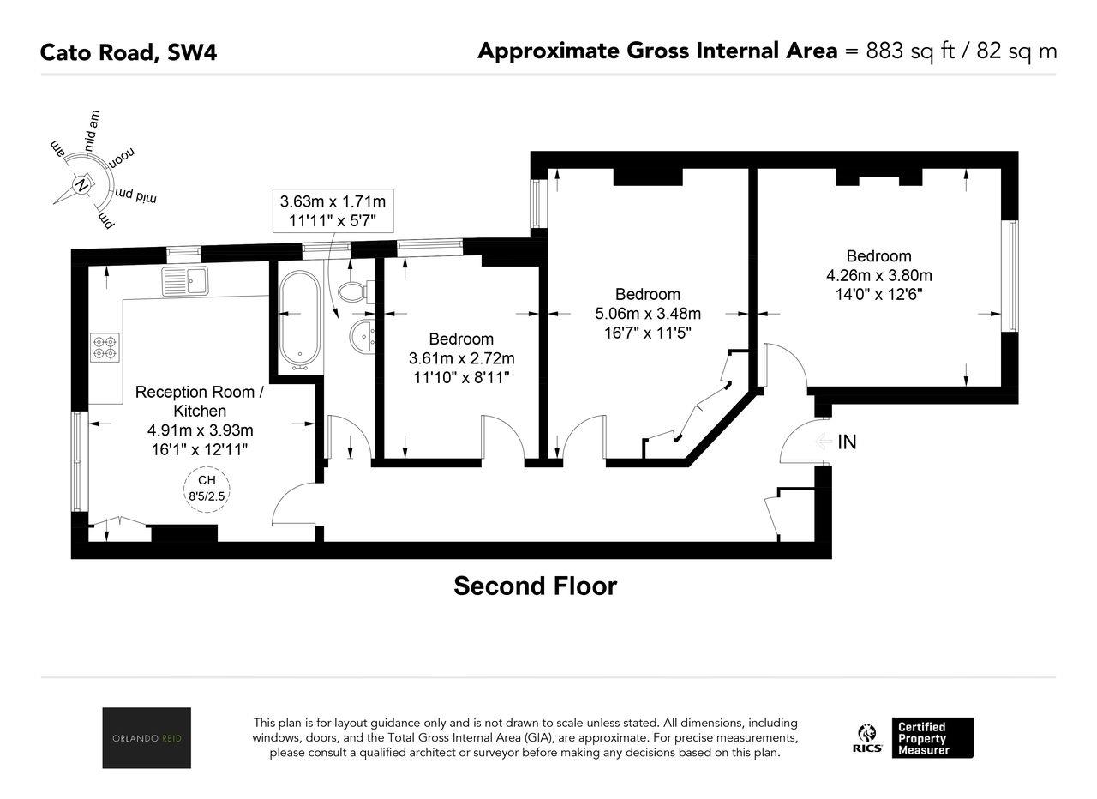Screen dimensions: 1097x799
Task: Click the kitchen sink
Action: pyautogui.click(x=184, y=281)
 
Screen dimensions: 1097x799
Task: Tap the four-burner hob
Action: pyautogui.click(x=105, y=347)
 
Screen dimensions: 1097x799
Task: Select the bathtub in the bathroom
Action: pyautogui.click(x=299, y=321)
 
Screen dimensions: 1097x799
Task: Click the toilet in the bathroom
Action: pyautogui.click(x=356, y=292)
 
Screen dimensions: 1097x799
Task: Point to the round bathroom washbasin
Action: pyautogui.click(x=363, y=336)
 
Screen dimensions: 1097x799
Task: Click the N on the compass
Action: pyautogui.click(x=81, y=186)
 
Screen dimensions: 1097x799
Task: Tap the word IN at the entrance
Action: pyautogui.click(x=847, y=442)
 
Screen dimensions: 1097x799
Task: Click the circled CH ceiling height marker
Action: pyautogui.click(x=207, y=489)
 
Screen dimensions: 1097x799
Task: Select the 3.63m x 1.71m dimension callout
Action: pyautogui.click(x=333, y=211)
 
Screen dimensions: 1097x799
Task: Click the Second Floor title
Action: pyautogui.click(x=536, y=586)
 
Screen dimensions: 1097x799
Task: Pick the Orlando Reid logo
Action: pyautogui.click(x=147, y=738)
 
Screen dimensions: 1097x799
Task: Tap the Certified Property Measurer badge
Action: pyautogui.click(x=932, y=738)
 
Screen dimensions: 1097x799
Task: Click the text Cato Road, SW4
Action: pyautogui.click(x=129, y=52)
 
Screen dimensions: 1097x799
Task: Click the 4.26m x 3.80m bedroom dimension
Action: pyautogui.click(x=879, y=275)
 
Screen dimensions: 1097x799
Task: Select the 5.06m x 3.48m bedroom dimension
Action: pyautogui.click(x=648, y=314)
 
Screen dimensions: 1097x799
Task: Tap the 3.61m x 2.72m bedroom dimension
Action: pyautogui.click(x=461, y=358)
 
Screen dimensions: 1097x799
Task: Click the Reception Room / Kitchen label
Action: pyautogui.click(x=200, y=401)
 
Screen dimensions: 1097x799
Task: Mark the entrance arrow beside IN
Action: pyautogui.click(x=824, y=442)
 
